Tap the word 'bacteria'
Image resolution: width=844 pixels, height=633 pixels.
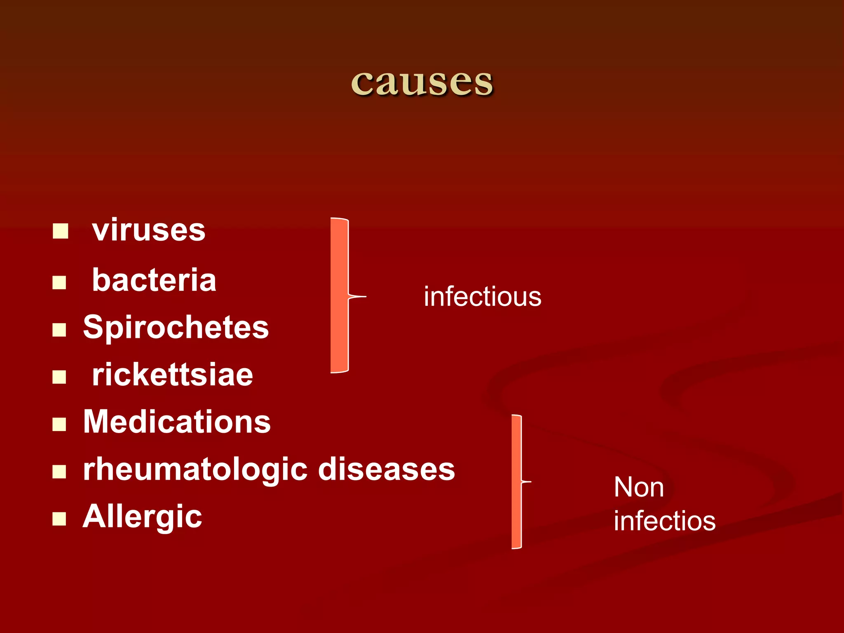click(x=154, y=280)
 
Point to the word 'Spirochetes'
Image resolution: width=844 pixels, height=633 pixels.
click(x=176, y=328)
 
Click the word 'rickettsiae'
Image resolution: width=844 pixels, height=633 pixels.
click(x=172, y=375)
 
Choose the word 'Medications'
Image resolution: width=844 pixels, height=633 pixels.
click(x=177, y=422)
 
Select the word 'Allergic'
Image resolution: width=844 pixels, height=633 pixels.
click(x=143, y=517)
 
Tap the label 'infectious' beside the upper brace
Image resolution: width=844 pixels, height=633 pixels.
click(x=483, y=297)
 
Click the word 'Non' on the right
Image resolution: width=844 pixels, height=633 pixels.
click(x=638, y=488)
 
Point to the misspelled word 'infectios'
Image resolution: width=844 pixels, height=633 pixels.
click(x=664, y=521)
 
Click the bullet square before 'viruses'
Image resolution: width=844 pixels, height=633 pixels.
click(x=60, y=231)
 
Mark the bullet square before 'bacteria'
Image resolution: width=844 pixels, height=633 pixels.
click(x=59, y=283)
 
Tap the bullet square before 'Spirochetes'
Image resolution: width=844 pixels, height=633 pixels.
click(x=59, y=330)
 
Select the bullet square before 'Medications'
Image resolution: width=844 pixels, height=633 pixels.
click(x=59, y=424)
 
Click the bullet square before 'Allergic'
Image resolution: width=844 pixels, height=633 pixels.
click(x=59, y=519)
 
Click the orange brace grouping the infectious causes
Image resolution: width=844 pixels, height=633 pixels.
click(x=340, y=295)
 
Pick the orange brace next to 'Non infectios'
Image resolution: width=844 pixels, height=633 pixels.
click(x=517, y=481)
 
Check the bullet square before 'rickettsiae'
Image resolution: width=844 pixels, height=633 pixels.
click(x=59, y=377)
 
